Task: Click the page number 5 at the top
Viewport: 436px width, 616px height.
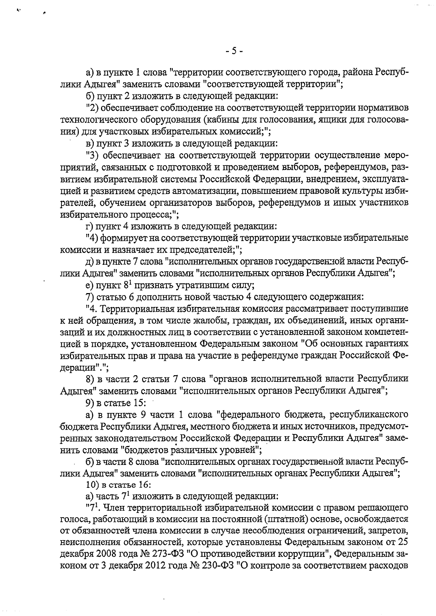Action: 234,52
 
